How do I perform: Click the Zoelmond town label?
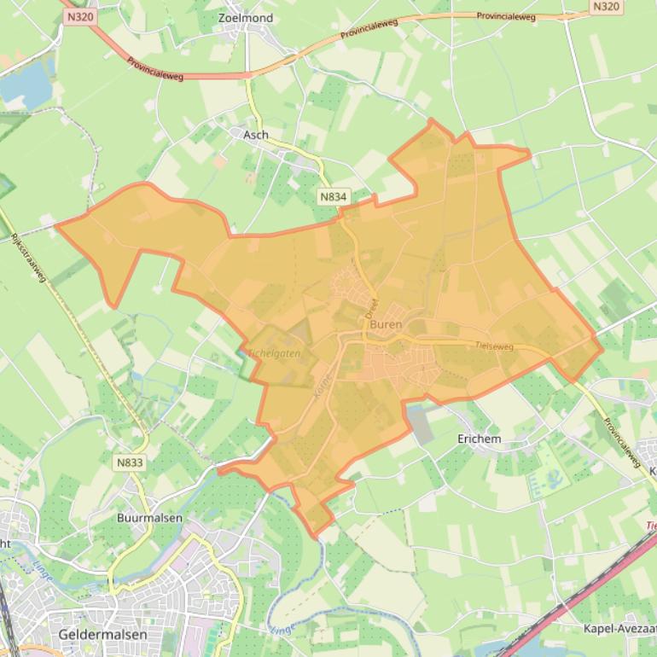click(x=246, y=18)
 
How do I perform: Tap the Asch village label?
click(x=255, y=135)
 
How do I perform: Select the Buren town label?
click(x=386, y=325)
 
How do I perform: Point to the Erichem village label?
click(x=480, y=439)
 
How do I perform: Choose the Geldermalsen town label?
click(x=103, y=635)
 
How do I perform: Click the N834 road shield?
click(x=334, y=196)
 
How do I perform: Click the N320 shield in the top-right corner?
click(x=605, y=7)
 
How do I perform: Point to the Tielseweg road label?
click(x=494, y=346)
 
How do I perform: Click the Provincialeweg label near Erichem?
click(x=620, y=441)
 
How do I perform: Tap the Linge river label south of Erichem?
click(x=282, y=630)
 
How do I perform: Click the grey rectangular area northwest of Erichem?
click(x=419, y=424)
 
